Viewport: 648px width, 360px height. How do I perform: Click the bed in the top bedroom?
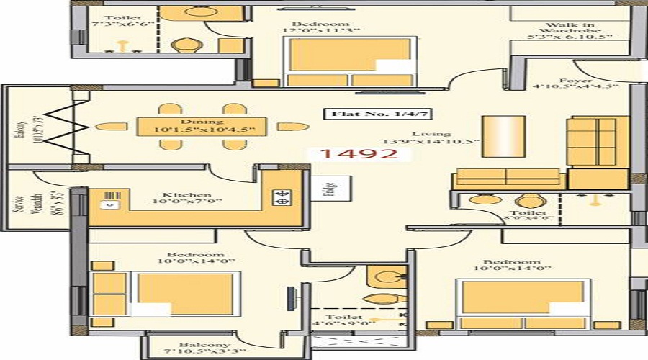point(351,61)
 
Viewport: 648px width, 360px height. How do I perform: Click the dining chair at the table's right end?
point(292,127)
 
